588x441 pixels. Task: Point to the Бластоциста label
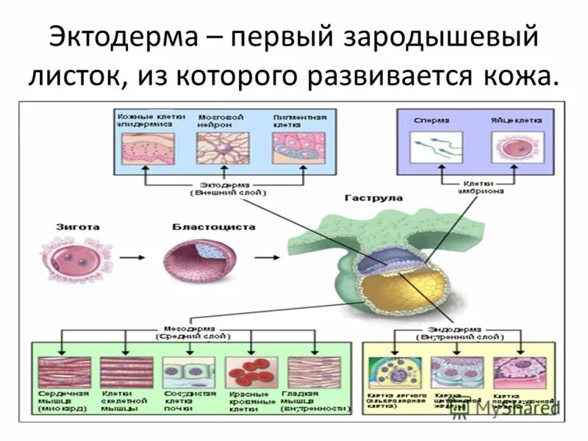[x=204, y=227]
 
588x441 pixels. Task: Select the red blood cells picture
[x=251, y=372]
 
